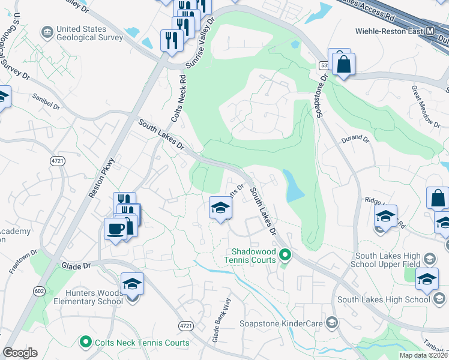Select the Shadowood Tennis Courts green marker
(x=286, y=256)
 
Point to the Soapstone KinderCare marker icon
(x=331, y=323)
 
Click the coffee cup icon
(x=115, y=228)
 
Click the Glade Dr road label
(x=75, y=265)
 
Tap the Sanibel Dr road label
(x=46, y=103)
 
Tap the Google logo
(x=20, y=353)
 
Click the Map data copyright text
(x=423, y=355)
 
